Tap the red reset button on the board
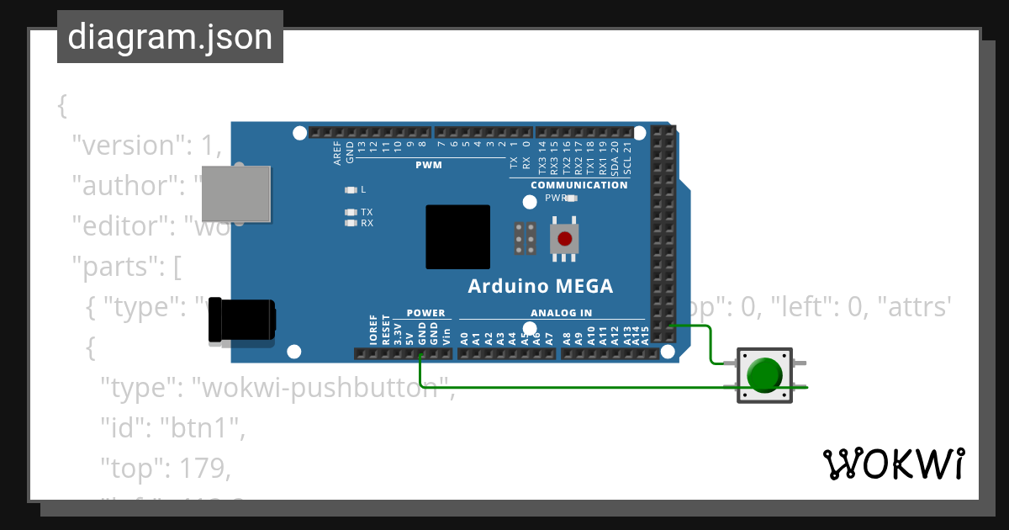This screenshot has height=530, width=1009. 564,239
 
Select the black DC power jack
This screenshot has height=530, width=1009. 241,321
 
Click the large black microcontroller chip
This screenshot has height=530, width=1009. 457,236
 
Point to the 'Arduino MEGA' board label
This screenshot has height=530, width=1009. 540,286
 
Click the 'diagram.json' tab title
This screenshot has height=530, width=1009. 170,38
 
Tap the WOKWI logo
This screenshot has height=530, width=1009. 893,464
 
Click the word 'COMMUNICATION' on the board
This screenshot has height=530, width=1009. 578,185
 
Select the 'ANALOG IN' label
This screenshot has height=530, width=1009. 561,313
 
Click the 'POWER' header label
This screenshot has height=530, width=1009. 425,313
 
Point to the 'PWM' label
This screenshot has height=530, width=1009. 428,165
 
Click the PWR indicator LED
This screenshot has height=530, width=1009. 572,199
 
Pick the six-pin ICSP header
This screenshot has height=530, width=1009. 526,239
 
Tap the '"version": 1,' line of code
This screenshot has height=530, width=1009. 146,146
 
